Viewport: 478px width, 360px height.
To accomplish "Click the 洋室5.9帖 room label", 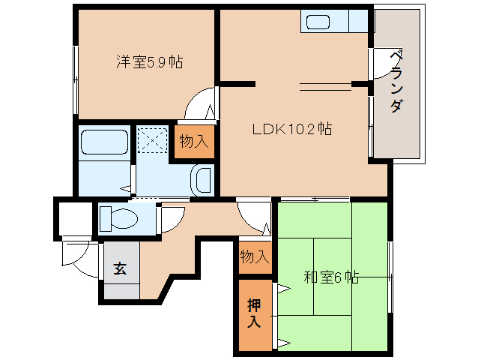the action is tap(149, 62).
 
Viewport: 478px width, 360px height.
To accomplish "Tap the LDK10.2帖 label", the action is tap(292, 129).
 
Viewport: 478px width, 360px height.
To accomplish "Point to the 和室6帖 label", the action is tap(331, 277).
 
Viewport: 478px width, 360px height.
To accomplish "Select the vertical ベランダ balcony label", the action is tap(397, 82).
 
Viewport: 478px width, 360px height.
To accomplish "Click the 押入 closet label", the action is tap(254, 313).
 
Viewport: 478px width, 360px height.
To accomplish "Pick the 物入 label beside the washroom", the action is tap(194, 142).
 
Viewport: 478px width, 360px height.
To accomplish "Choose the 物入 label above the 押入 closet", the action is tap(255, 256).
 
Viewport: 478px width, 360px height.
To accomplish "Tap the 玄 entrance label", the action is tap(120, 268).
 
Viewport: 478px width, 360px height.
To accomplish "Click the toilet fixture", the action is tap(119, 218).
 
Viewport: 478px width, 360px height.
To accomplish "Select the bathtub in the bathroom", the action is tap(104, 142).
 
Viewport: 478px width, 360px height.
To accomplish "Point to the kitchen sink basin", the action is tap(318, 22).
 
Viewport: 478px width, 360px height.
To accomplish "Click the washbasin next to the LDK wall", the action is tap(202, 180).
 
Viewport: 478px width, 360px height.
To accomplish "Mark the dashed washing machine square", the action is tap(152, 140).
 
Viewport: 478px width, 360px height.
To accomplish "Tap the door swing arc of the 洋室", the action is tap(191, 97).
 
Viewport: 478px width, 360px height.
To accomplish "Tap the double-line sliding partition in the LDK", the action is tap(326, 87).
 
